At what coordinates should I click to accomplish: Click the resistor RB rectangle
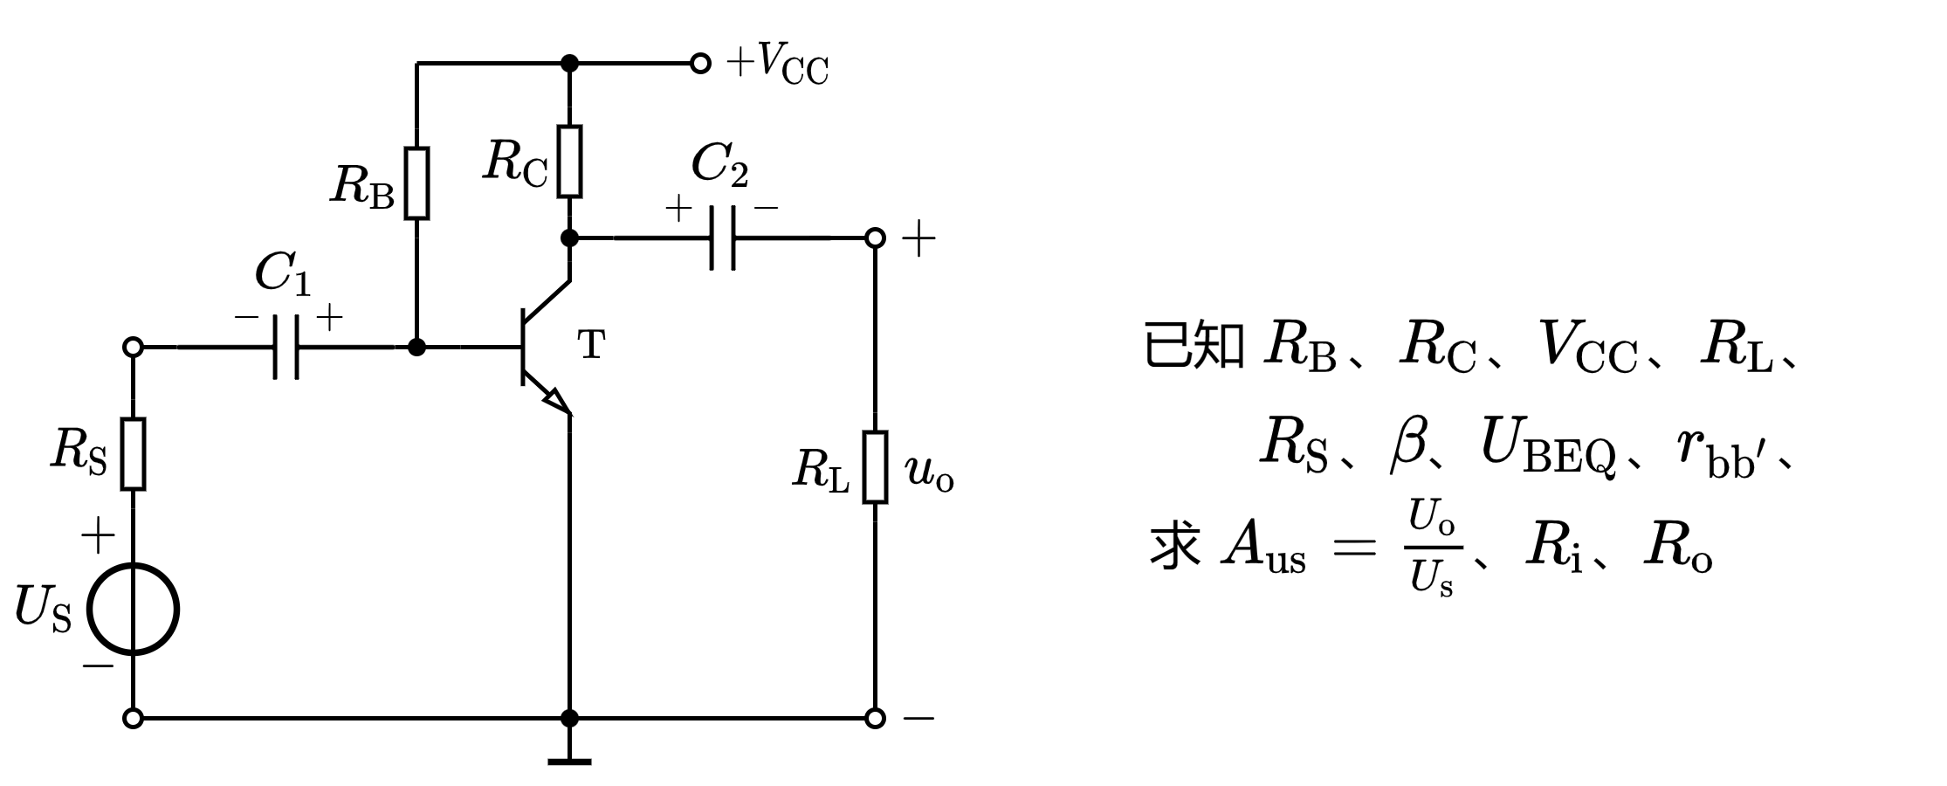417,183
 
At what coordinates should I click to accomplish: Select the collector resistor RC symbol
569,162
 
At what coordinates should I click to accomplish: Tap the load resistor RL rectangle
875,467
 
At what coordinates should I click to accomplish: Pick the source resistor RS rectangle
133,453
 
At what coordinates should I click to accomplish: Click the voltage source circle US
133,609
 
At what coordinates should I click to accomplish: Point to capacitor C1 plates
286,347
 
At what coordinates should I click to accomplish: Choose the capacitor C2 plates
722,237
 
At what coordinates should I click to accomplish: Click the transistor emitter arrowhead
556,401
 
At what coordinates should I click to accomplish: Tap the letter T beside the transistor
591,346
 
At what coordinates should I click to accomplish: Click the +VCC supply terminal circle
699,63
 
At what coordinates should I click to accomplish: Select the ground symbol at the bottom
569,760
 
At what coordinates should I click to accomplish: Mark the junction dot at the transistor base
417,347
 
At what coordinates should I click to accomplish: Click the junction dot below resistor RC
569,237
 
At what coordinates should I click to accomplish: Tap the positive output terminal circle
875,237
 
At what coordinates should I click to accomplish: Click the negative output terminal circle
875,718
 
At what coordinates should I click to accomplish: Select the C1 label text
282,274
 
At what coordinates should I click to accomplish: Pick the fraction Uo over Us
1432,548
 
